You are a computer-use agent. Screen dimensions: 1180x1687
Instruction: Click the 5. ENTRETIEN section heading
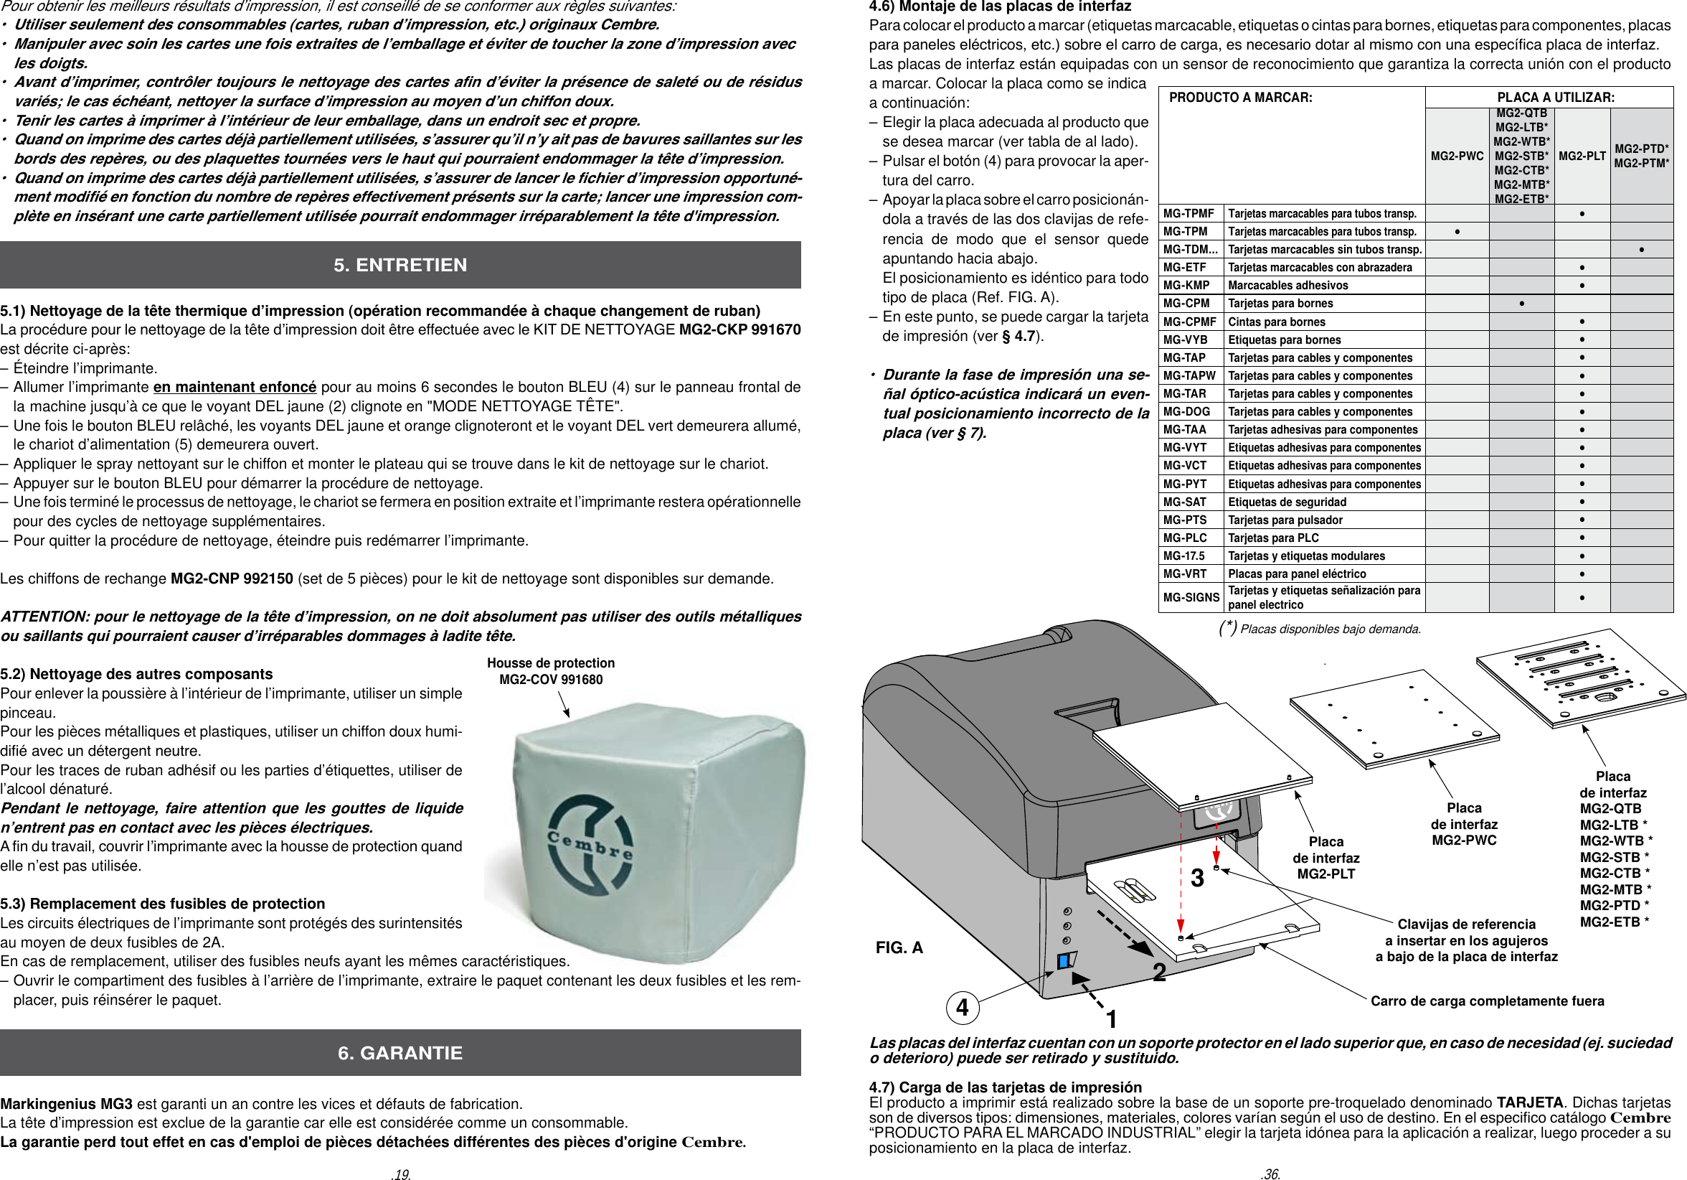pyautogui.click(x=400, y=265)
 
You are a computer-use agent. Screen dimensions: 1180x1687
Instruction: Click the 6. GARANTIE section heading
pyautogui.click(x=400, y=1053)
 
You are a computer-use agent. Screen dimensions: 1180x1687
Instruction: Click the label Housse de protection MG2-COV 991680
pyautogui.click(x=550, y=671)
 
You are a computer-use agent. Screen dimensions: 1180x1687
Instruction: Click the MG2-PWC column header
pyautogui.click(x=1456, y=156)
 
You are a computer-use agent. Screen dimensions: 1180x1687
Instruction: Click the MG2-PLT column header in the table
pyautogui.click(x=1582, y=156)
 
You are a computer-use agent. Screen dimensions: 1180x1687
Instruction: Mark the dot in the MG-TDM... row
pyautogui.click(x=1640, y=250)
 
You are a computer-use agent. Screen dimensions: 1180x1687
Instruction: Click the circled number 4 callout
pyautogui.click(x=962, y=1007)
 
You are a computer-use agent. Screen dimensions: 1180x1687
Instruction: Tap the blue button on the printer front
pyautogui.click(x=1064, y=961)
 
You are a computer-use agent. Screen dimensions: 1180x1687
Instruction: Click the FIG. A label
pyautogui.click(x=899, y=947)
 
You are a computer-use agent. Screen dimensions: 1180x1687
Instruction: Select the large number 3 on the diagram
pyautogui.click(x=1197, y=878)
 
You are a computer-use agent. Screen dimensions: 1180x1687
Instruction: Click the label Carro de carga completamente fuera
pyautogui.click(x=1486, y=1001)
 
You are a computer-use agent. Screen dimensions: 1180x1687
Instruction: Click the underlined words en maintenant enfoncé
pyautogui.click(x=235, y=387)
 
